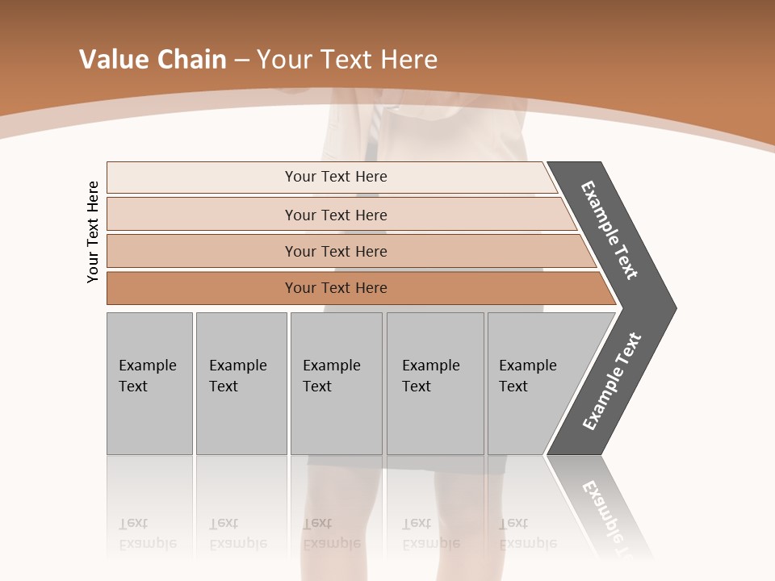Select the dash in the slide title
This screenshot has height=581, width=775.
coord(241,61)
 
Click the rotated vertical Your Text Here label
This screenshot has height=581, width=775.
coord(94,232)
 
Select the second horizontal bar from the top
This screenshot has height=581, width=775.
coord(336,215)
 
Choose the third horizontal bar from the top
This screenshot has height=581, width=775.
coord(336,251)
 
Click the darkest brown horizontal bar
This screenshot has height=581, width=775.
coord(336,288)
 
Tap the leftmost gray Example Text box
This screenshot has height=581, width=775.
coord(149,383)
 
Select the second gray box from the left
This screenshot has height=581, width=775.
coord(241,383)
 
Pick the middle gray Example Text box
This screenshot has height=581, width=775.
coord(336,383)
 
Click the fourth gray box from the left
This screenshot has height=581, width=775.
coord(435,383)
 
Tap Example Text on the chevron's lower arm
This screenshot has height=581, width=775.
coord(611,382)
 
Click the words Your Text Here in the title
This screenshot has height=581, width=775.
coord(347,60)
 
